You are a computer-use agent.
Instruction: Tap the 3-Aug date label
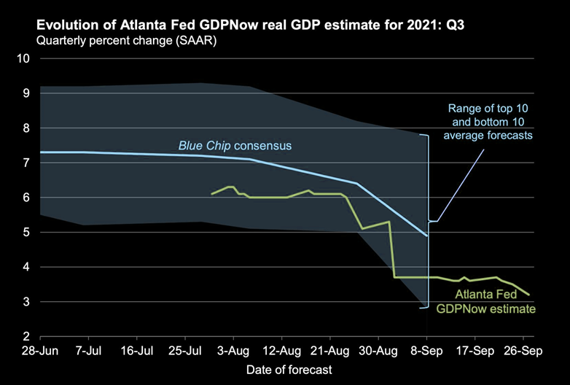click(233, 350)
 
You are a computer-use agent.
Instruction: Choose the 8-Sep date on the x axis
click(427, 350)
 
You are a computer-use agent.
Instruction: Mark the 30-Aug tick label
click(378, 350)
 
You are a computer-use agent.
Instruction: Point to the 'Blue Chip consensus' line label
click(235, 146)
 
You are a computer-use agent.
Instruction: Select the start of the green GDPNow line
click(211, 194)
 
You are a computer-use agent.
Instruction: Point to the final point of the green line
click(529, 295)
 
